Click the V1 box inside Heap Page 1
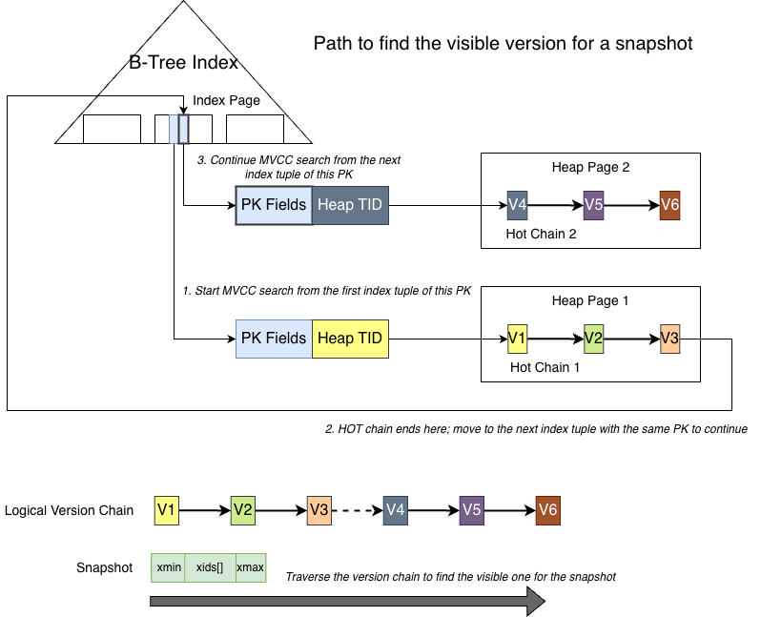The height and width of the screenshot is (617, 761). pyautogui.click(x=518, y=338)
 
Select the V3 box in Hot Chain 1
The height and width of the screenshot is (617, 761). pyautogui.click(x=669, y=338)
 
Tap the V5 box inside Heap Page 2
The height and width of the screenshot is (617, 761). pyautogui.click(x=593, y=204)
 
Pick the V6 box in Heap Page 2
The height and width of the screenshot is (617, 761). pyautogui.click(x=669, y=204)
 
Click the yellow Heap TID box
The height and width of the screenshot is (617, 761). pyautogui.click(x=350, y=338)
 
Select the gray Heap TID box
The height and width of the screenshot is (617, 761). pyautogui.click(x=350, y=204)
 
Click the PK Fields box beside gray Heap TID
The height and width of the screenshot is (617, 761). pyautogui.click(x=275, y=204)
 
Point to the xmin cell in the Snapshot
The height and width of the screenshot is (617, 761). pyautogui.click(x=168, y=568)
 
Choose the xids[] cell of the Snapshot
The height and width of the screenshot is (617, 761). pyautogui.click(x=210, y=568)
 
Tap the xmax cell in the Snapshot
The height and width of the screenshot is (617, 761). pyautogui.click(x=250, y=568)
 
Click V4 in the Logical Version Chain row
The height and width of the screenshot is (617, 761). pyautogui.click(x=395, y=510)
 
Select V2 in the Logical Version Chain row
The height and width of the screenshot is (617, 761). pyautogui.click(x=242, y=510)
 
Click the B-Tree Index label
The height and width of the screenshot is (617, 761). pyautogui.click(x=183, y=64)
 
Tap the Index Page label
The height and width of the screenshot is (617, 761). pyautogui.click(x=226, y=100)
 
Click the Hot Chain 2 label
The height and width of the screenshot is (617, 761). pyautogui.click(x=542, y=234)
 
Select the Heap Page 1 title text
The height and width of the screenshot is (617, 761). pyautogui.click(x=589, y=301)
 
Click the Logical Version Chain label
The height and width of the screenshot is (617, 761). pyautogui.click(x=69, y=510)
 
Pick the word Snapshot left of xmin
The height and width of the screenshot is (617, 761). pyautogui.click(x=104, y=568)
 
